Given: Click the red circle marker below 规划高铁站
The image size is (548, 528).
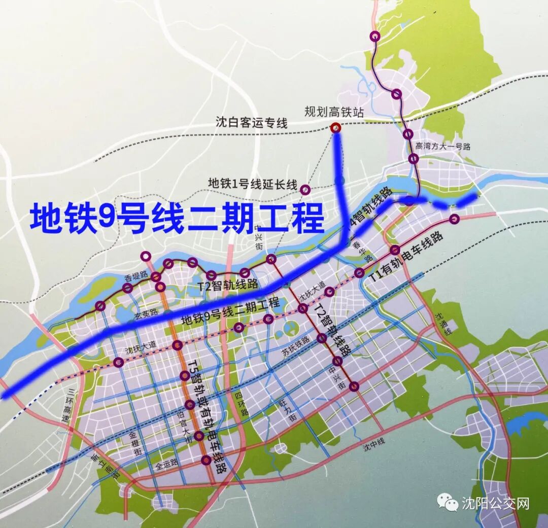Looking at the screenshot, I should click(335, 128).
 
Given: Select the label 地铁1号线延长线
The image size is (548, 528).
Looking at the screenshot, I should click(252, 183).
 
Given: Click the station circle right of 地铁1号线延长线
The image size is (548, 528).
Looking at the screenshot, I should click(305, 190).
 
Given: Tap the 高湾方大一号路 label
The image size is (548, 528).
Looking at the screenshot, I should click(443, 147).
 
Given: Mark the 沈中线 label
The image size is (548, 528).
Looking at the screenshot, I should click(373, 445).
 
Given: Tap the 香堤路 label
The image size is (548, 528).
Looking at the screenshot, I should click(135, 276).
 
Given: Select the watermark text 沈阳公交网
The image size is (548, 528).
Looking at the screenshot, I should click(495, 503).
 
